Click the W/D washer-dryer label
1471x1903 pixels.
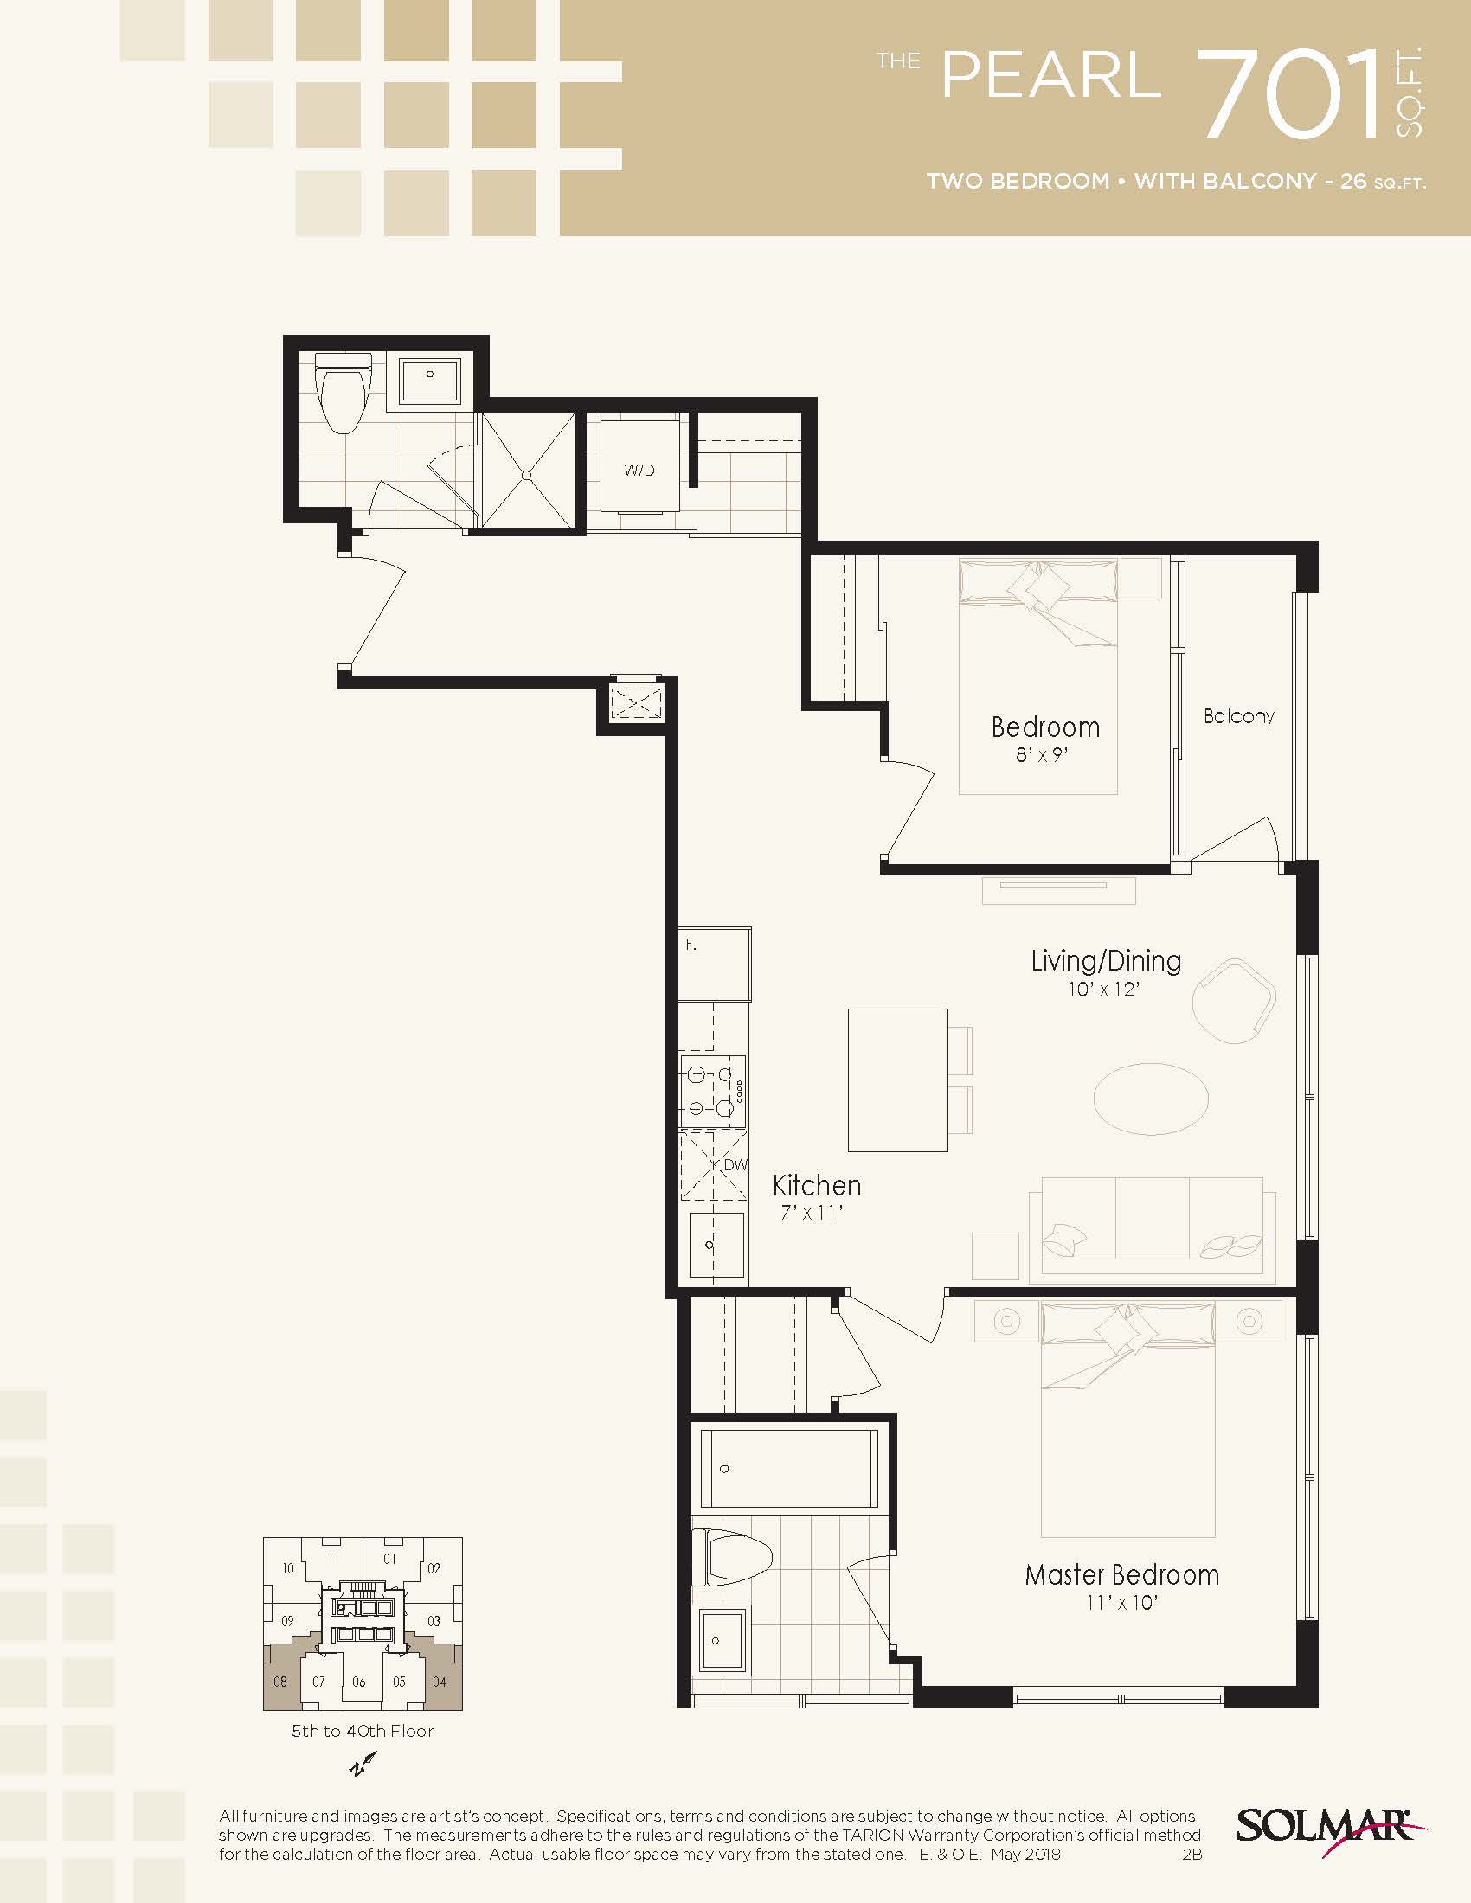pyautogui.click(x=639, y=471)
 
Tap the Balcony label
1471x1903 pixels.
pyautogui.click(x=1238, y=716)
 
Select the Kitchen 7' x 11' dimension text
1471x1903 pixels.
pyautogui.click(x=813, y=1212)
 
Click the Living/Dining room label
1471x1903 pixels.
pyautogui.click(x=1106, y=960)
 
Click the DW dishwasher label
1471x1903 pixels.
pyautogui.click(x=735, y=1165)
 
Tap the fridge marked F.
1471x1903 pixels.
pyautogui.click(x=715, y=964)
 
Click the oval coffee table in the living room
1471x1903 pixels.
pyautogui.click(x=1151, y=1099)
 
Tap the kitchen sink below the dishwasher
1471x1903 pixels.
pyautogui.click(x=716, y=1245)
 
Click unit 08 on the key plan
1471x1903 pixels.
pyautogui.click(x=280, y=1682)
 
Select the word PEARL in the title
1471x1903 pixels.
pyautogui.click(x=1051, y=75)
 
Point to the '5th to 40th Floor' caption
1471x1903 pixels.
pyautogui.click(x=363, y=1731)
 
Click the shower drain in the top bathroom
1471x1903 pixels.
pyautogui.click(x=527, y=475)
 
